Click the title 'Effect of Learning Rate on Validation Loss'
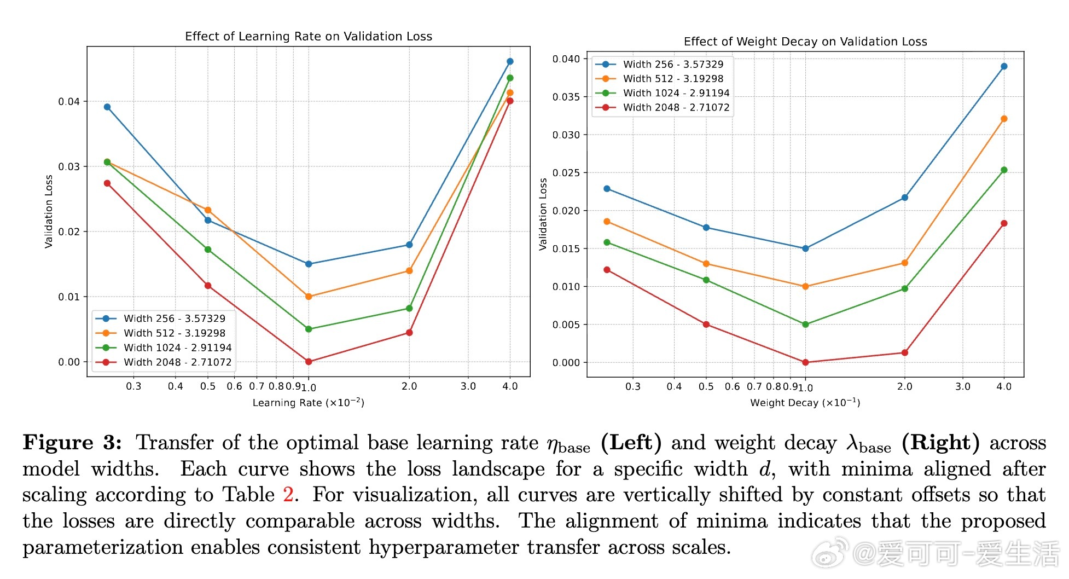pos(309,37)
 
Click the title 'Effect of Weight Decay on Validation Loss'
pos(805,42)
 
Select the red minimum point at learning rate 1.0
pos(309,362)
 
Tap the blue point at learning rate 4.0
pos(510,61)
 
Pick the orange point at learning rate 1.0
pos(309,297)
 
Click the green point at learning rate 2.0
pos(409,309)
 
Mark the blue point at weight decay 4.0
pos(1004,67)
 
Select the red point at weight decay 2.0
pos(904,353)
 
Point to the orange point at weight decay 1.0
pos(805,287)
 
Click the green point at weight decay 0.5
pos(706,280)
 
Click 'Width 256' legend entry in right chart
pos(673,65)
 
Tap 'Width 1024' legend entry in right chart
pos(676,93)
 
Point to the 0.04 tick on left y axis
pos(69,102)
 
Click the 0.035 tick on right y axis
pos(566,97)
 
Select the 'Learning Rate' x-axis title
pos(308,403)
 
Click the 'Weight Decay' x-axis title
pos(805,403)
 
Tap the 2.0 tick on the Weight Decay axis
pos(904,387)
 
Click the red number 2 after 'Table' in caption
pos(288,495)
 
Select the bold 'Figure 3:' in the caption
pos(72,443)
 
